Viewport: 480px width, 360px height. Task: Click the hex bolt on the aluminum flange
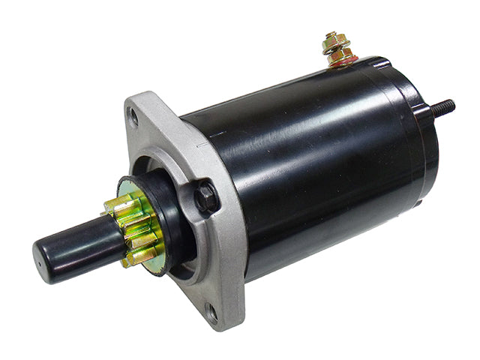207,197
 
